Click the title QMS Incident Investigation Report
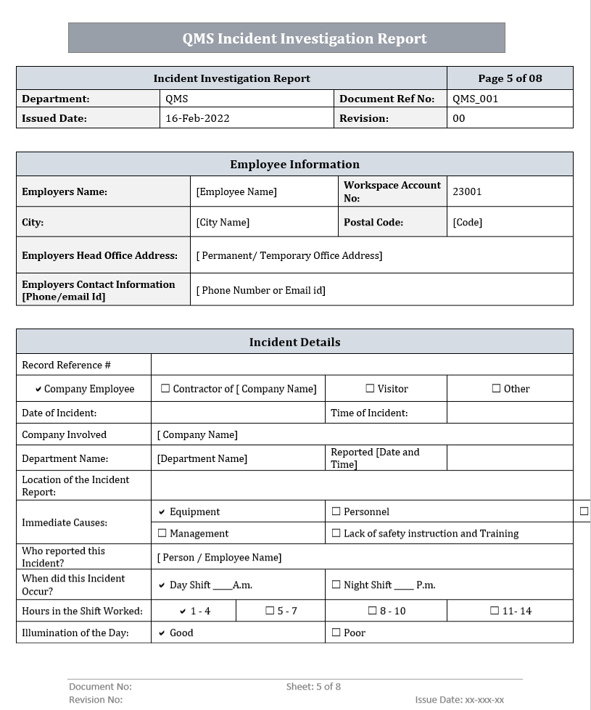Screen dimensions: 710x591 pos(305,38)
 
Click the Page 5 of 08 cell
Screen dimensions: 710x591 pos(510,78)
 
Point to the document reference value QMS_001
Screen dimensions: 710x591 pos(475,99)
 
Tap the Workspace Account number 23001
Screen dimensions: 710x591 pos(467,191)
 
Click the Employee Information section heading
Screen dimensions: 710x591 pos(294,164)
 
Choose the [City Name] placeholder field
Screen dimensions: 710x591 pos(223,222)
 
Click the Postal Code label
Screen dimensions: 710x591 pos(373,222)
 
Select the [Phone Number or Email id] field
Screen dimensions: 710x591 pos(261,290)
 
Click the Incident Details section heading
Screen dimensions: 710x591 pos(294,342)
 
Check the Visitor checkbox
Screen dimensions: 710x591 pos(371,389)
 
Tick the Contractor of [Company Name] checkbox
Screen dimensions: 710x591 pos(165,389)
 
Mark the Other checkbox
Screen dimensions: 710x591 pos(497,389)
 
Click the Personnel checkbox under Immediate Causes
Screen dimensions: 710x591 pos(336,511)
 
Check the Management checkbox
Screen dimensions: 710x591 pos(162,533)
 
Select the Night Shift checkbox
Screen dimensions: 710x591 pos(336,585)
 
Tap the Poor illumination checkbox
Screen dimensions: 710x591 pos(336,632)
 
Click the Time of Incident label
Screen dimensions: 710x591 pos(369,413)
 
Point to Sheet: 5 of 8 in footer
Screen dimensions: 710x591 pos(313,686)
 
